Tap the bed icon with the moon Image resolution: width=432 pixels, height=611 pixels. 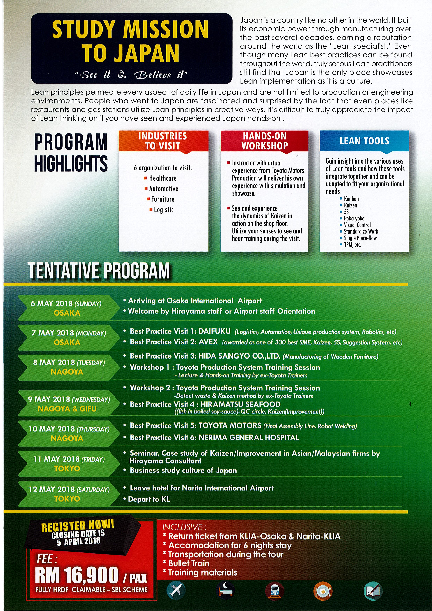pos(225,591)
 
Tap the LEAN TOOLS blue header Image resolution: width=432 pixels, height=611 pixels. pos(364,141)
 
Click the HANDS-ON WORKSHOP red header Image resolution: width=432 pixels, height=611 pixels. pos(264,141)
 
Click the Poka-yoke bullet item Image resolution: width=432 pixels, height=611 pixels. pos(354,218)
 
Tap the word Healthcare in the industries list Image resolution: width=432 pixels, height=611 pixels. pos(162,178)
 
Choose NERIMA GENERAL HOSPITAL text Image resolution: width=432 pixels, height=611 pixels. pos(249,438)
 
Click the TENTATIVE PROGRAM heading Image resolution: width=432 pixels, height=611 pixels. pos(99,271)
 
